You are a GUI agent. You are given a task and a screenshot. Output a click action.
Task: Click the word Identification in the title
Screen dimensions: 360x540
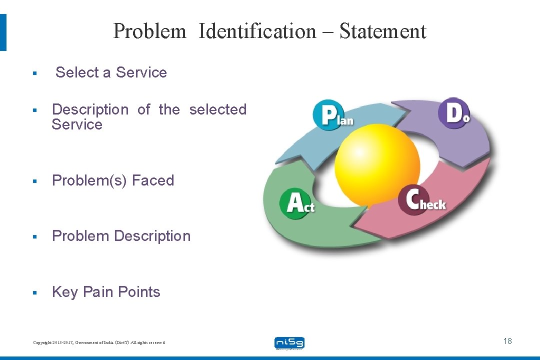257,31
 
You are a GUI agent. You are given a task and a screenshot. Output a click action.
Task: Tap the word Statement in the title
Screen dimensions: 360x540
382,31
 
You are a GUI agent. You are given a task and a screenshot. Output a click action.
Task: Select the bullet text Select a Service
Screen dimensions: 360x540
111,72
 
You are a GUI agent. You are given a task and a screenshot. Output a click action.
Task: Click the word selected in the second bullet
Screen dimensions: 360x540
217,109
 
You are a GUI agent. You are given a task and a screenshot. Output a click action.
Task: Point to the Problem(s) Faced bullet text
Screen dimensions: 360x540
113,180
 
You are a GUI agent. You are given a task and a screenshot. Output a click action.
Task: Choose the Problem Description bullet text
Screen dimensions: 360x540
121,236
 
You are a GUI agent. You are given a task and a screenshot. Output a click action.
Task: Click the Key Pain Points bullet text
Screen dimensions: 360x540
106,292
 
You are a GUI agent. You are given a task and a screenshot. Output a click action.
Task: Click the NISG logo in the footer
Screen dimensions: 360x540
289,343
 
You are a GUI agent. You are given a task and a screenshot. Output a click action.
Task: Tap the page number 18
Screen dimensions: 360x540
507,341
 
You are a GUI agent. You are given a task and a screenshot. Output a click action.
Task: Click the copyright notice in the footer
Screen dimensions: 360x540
98,342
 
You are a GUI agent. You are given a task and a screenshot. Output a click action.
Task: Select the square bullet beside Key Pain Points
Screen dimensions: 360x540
34,292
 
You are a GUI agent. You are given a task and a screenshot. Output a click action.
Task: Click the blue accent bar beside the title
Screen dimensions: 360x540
3,32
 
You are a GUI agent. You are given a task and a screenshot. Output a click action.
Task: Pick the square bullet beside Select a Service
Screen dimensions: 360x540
34,73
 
